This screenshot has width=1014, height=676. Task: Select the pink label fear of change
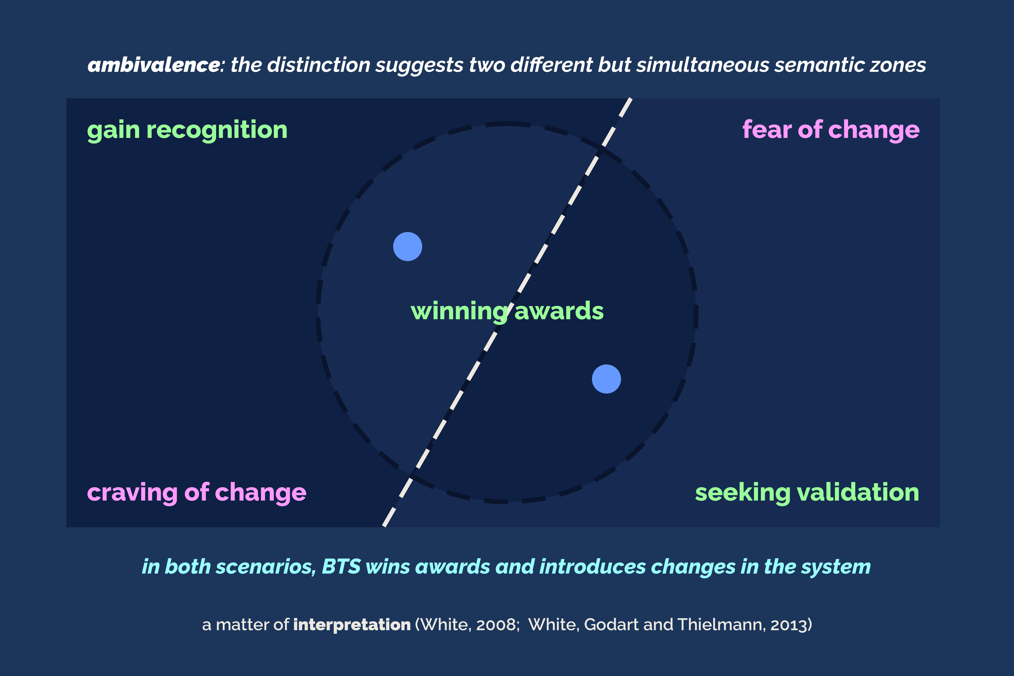pos(831,130)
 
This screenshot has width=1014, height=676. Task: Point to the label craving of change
pos(197,493)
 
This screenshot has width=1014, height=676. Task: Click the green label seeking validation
pos(807,493)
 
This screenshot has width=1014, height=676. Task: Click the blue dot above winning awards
pos(407,247)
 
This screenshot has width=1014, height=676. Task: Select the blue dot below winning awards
pos(606,379)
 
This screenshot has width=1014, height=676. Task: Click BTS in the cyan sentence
pos(341,566)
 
